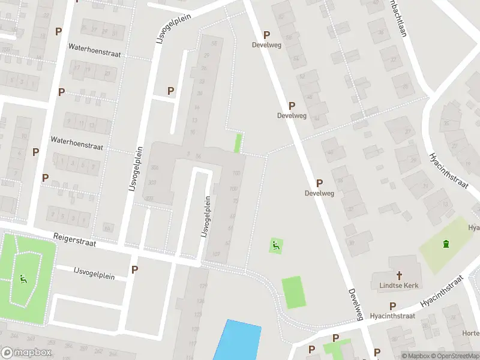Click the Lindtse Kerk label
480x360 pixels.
(x=398, y=285)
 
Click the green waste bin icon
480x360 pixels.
(x=445, y=243)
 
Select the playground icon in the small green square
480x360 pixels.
(x=275, y=245)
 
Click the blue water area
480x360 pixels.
(x=238, y=341)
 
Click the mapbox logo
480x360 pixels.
(x=26, y=353)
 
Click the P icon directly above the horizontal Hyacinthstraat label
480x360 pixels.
(x=393, y=306)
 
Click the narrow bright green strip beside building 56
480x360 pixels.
(x=238, y=143)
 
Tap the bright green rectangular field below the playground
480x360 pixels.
(x=293, y=292)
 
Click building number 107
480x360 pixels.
(x=217, y=254)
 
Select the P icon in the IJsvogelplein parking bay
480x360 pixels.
(x=171, y=91)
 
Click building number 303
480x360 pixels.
(x=152, y=182)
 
